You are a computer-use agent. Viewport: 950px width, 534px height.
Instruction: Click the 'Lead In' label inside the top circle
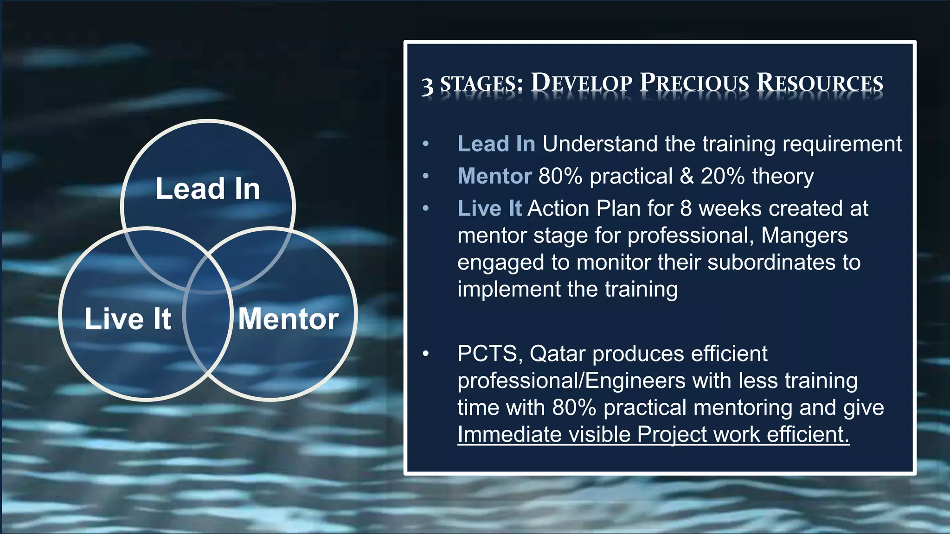tap(207, 189)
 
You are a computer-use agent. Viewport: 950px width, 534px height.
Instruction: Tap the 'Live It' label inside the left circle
tap(128, 319)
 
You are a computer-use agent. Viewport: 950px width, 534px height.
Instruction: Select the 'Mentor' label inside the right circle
tap(288, 319)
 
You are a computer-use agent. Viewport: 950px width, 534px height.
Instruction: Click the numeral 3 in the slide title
tap(427, 86)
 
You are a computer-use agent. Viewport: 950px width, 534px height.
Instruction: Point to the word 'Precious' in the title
tap(694, 83)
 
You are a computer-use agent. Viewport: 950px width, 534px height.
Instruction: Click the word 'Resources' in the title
tap(820, 83)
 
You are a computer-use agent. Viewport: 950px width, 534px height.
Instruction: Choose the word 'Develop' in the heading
tap(581, 83)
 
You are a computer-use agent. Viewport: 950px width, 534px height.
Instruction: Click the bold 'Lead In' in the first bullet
tap(496, 144)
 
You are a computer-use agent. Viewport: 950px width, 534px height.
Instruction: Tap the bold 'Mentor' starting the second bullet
tap(494, 176)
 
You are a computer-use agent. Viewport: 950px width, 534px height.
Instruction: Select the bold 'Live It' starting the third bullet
tap(489, 209)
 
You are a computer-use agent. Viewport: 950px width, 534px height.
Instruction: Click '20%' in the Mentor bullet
tap(722, 176)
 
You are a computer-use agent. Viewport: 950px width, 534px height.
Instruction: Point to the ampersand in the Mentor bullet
tap(687, 176)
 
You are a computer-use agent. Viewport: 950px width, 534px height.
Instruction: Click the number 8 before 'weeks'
tap(686, 209)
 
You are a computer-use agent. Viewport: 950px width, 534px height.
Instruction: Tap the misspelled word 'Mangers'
tap(804, 236)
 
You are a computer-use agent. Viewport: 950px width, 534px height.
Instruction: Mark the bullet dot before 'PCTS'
tap(426, 354)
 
